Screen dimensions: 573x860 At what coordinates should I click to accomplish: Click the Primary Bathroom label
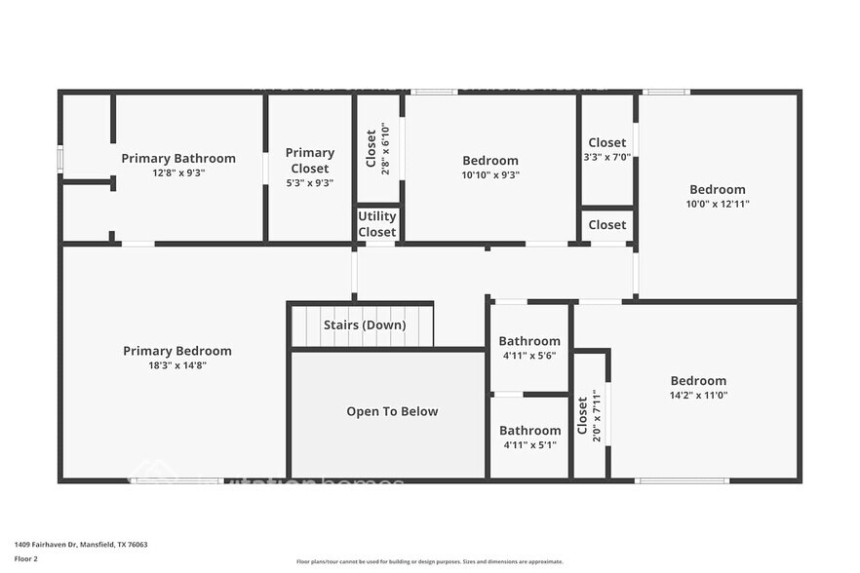tap(178, 158)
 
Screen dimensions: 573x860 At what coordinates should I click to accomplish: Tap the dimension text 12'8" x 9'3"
tap(178, 172)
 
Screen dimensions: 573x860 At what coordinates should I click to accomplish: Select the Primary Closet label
tap(310, 160)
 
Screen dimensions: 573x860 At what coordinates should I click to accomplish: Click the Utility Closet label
tap(376, 224)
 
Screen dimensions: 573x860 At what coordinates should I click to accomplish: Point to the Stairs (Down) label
tap(365, 325)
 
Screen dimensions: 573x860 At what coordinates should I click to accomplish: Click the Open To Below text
tap(392, 411)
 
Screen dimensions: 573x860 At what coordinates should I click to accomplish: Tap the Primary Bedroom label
tap(177, 351)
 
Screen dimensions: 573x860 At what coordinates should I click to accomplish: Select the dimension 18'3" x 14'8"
tap(177, 365)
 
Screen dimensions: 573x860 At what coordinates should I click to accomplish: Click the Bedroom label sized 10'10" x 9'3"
tap(490, 161)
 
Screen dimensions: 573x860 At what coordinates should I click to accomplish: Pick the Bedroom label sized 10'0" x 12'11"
tap(718, 189)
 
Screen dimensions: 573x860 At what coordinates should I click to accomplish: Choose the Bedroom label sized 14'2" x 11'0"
tap(698, 381)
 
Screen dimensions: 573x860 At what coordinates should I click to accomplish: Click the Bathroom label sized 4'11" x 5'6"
tap(529, 341)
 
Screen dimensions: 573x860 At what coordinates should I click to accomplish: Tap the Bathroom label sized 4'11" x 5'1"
tap(529, 430)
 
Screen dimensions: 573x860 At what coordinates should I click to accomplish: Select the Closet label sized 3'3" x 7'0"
tap(607, 142)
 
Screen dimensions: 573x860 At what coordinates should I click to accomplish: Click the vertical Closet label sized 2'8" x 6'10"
tap(371, 149)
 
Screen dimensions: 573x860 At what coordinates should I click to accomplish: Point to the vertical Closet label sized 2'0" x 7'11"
tap(582, 417)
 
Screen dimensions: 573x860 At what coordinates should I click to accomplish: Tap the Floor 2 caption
tap(26, 559)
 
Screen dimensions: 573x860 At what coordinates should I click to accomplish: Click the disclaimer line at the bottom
tap(430, 561)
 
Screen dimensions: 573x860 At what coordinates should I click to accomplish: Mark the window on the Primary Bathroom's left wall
tap(60, 158)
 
